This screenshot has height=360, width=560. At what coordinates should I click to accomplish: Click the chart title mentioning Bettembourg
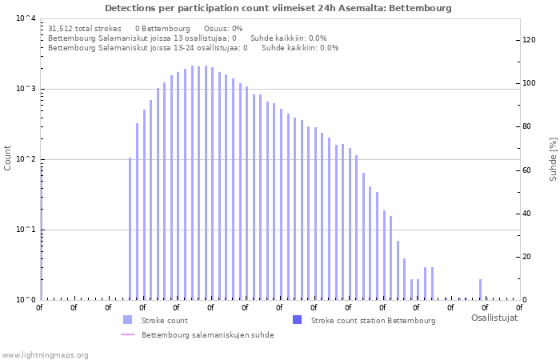click(278, 8)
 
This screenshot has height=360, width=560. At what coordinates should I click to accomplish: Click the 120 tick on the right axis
click(529, 40)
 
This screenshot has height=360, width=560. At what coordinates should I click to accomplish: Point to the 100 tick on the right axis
click(529, 83)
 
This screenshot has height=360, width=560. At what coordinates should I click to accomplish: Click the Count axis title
click(8, 158)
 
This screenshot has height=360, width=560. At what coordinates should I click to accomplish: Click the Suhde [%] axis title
click(553, 158)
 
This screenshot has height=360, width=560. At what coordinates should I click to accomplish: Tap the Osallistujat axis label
click(494, 318)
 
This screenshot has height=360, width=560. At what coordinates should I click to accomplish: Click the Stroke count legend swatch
click(128, 320)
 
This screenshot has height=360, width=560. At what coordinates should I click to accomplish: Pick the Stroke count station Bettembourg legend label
click(373, 321)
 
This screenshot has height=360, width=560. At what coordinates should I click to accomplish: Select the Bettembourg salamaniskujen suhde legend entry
click(207, 335)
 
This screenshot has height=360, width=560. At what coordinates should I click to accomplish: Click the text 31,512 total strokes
click(85, 28)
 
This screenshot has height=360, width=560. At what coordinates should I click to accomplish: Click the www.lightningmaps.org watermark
click(46, 354)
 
